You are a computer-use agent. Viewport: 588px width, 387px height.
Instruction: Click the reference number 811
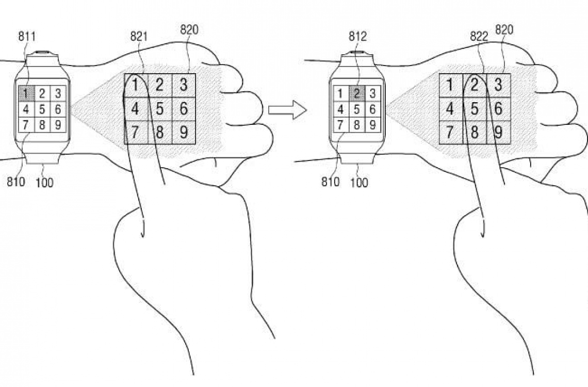click(27, 36)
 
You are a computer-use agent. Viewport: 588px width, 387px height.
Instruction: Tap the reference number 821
click(139, 36)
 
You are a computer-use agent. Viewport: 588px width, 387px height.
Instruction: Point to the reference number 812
click(357, 36)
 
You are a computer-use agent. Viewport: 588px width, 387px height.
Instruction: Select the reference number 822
click(479, 36)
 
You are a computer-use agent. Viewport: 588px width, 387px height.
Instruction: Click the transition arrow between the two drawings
click(288, 109)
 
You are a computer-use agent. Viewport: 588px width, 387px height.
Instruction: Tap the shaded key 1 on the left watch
click(26, 93)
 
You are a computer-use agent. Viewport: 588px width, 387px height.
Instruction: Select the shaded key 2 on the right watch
click(357, 93)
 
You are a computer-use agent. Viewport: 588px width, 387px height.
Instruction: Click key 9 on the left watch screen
click(58, 124)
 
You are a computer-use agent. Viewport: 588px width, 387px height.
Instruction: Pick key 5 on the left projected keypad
click(160, 109)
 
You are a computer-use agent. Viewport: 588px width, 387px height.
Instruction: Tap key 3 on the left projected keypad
click(184, 85)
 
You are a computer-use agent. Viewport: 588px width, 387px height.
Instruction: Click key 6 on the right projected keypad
click(498, 109)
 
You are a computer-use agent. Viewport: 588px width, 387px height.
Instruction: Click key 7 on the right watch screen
click(340, 124)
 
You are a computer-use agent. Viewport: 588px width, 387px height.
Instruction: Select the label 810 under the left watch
click(16, 182)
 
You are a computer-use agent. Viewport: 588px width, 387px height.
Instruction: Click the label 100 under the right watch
click(359, 183)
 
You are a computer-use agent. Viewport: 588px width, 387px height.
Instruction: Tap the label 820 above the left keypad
click(189, 29)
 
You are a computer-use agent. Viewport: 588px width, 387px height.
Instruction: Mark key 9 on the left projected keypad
click(184, 133)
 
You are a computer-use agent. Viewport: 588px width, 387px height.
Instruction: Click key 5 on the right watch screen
click(357, 109)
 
